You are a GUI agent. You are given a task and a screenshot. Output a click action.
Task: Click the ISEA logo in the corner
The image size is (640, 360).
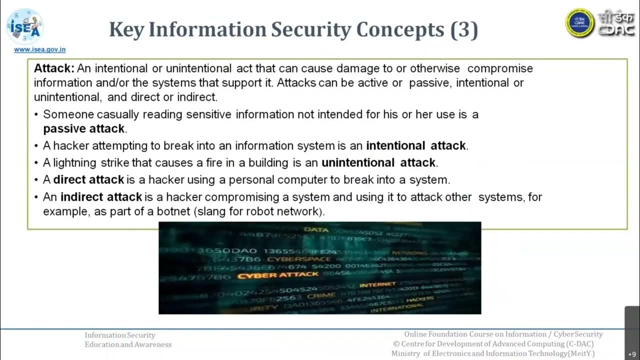24,26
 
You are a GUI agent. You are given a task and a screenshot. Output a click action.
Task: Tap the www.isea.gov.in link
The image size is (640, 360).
39,49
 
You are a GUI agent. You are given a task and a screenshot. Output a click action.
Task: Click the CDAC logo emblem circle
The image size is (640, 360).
579,22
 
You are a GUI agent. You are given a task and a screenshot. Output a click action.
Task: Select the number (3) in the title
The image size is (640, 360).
464,30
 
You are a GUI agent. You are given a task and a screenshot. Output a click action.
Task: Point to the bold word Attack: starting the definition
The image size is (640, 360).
54,68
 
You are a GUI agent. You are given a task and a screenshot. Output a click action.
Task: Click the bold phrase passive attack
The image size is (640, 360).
84,128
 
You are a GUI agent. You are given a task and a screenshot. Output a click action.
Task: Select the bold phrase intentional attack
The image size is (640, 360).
416,146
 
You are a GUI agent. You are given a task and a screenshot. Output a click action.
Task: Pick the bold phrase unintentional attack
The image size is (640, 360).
378,162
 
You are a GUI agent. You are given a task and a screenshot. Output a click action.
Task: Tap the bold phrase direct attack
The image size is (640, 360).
88,179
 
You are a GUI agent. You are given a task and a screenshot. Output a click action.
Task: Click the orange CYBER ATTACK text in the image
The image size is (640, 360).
277,275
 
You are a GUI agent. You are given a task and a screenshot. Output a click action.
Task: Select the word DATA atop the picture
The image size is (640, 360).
316,229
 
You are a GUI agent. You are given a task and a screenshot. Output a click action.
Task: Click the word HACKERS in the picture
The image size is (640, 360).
420,299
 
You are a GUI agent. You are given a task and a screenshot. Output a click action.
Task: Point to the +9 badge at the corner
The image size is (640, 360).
632,353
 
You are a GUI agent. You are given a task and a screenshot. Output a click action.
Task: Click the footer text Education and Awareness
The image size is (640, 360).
128,344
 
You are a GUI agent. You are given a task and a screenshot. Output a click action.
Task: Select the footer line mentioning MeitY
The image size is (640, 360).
493,353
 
